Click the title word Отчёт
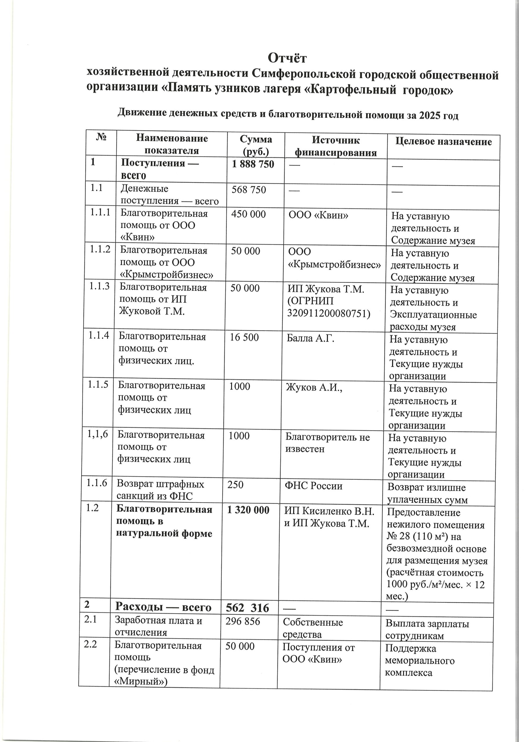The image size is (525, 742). (x=287, y=58)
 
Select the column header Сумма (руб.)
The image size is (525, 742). (x=256, y=146)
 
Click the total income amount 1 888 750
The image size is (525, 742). (x=253, y=164)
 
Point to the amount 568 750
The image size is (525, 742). (x=249, y=190)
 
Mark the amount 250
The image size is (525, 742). (x=235, y=485)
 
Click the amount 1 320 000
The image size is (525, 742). (x=248, y=510)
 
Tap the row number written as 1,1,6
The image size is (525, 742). (x=97, y=434)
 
